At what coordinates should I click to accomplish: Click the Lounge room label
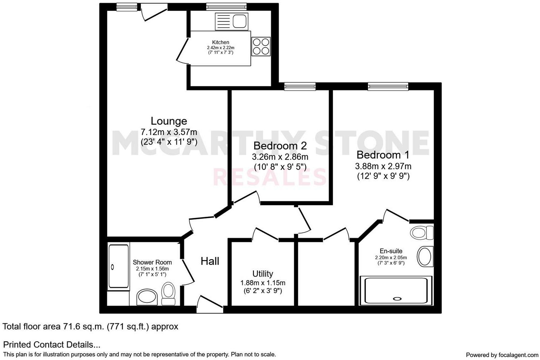click(169, 121)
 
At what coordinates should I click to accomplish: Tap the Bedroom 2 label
click(280, 146)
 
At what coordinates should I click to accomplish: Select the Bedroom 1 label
click(383, 155)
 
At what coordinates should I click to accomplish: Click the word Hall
click(210, 261)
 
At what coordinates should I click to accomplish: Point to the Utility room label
click(262, 274)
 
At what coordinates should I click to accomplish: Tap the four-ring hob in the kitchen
click(261, 46)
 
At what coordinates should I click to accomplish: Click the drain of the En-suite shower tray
click(397, 298)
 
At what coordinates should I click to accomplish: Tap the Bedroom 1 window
click(388, 86)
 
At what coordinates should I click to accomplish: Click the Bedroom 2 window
click(300, 86)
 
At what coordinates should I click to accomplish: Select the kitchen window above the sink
click(226, 6)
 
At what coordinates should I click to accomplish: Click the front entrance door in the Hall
click(210, 304)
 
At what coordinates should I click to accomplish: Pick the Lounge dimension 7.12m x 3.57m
click(169, 132)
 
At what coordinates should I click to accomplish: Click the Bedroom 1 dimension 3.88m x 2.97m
click(383, 166)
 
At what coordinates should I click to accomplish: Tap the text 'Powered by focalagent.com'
click(502, 355)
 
